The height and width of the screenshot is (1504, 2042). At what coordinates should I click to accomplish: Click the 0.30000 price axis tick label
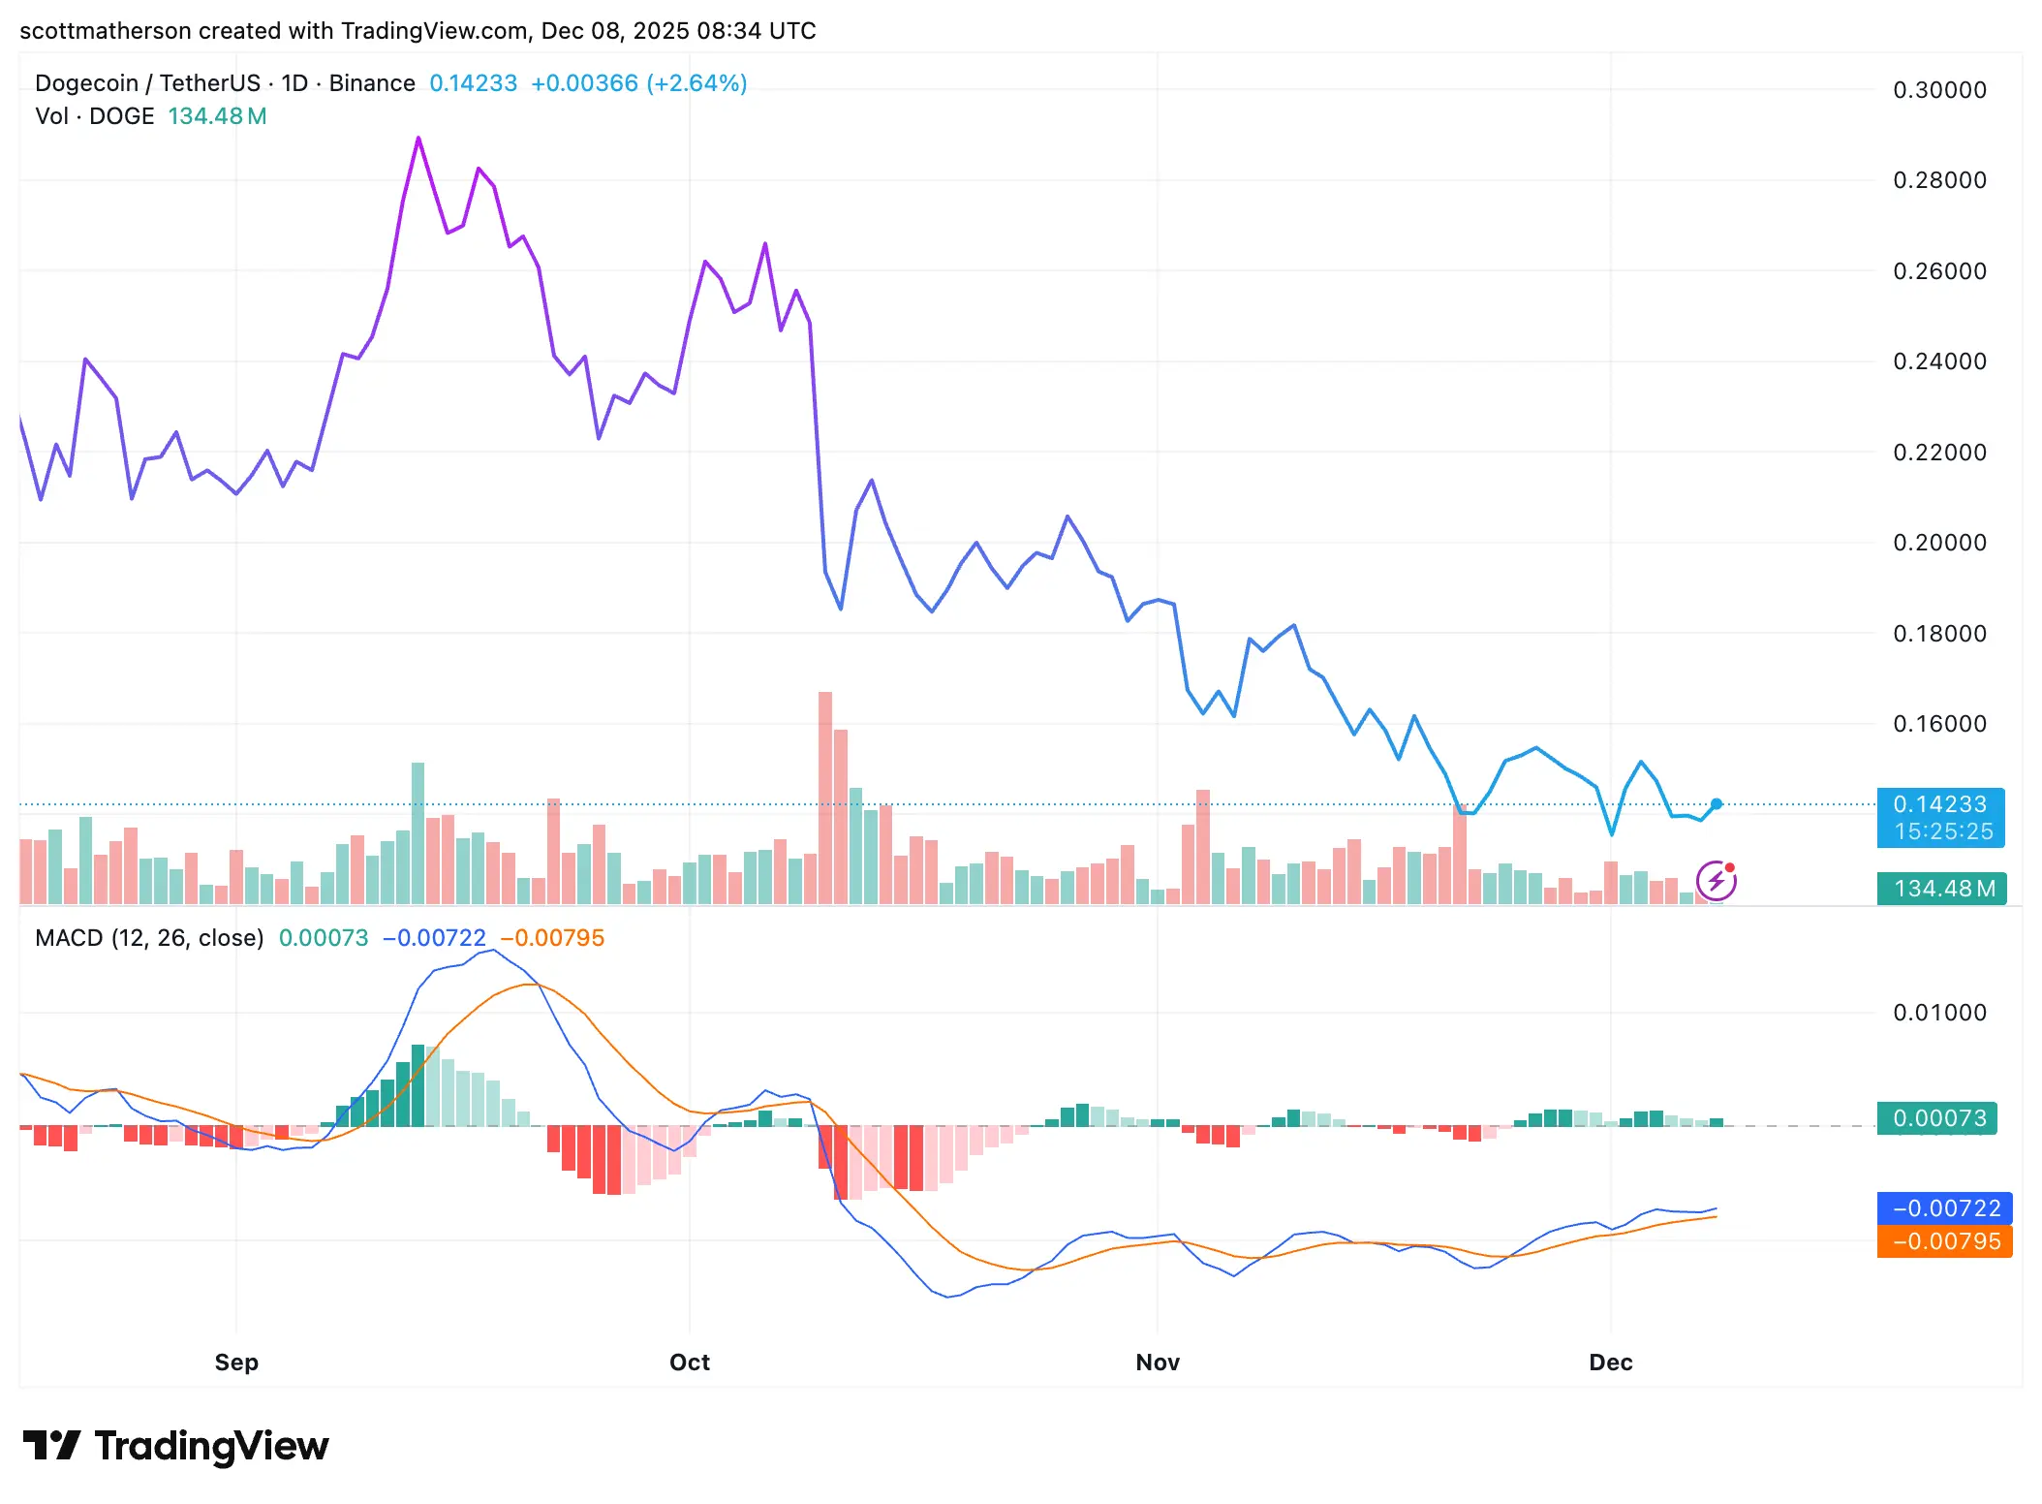pyautogui.click(x=1939, y=90)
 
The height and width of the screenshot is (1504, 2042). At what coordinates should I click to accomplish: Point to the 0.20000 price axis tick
pyautogui.click(x=1939, y=543)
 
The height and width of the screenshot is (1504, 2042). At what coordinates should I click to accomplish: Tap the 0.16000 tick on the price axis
pyautogui.click(x=1939, y=724)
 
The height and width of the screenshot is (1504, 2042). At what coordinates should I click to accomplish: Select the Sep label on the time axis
pyautogui.click(x=236, y=1363)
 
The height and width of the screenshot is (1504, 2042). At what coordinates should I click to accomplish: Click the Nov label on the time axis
pyautogui.click(x=1158, y=1363)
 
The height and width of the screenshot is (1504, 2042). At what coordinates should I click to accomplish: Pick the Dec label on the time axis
pyautogui.click(x=1611, y=1363)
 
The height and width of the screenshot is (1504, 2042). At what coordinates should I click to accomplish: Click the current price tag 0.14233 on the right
pyautogui.click(x=1940, y=805)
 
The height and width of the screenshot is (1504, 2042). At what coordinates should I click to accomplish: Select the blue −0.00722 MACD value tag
pyautogui.click(x=1945, y=1208)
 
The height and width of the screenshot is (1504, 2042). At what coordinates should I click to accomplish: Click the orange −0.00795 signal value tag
pyautogui.click(x=1945, y=1241)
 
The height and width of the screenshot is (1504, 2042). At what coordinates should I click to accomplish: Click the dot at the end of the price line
pyautogui.click(x=1717, y=804)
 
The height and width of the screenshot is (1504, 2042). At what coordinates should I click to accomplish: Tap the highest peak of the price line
pyautogui.click(x=418, y=139)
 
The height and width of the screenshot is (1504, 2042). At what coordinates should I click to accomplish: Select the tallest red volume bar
pyautogui.click(x=825, y=798)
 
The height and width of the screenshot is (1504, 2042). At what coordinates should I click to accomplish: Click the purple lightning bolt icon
pyautogui.click(x=1717, y=881)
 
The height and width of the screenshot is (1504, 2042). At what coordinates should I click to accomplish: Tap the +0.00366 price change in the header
pyautogui.click(x=584, y=83)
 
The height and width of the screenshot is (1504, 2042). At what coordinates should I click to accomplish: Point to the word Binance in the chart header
pyautogui.click(x=372, y=83)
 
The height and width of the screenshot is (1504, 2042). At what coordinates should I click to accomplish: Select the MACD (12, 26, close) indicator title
pyautogui.click(x=149, y=938)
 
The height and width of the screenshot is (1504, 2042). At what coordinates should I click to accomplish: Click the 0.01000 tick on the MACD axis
pyautogui.click(x=1939, y=1013)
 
